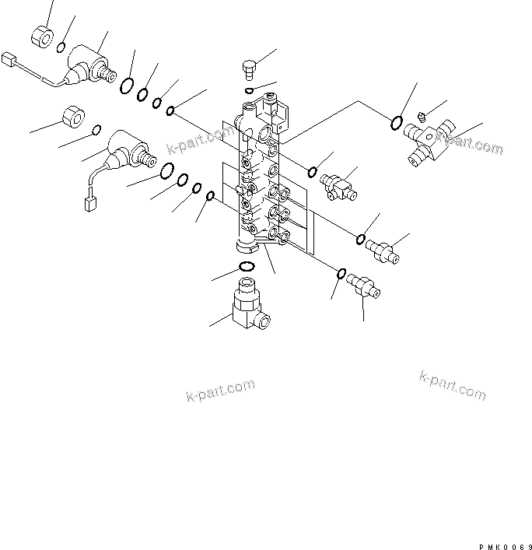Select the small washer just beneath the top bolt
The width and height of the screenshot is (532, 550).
point(248,90)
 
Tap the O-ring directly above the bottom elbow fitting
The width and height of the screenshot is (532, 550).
point(245,268)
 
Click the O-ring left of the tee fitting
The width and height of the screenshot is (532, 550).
point(397,121)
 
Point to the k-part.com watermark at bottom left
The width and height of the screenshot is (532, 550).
point(220,391)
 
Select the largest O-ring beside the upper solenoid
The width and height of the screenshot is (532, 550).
point(127,86)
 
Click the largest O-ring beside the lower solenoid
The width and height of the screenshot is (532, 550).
point(166,171)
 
